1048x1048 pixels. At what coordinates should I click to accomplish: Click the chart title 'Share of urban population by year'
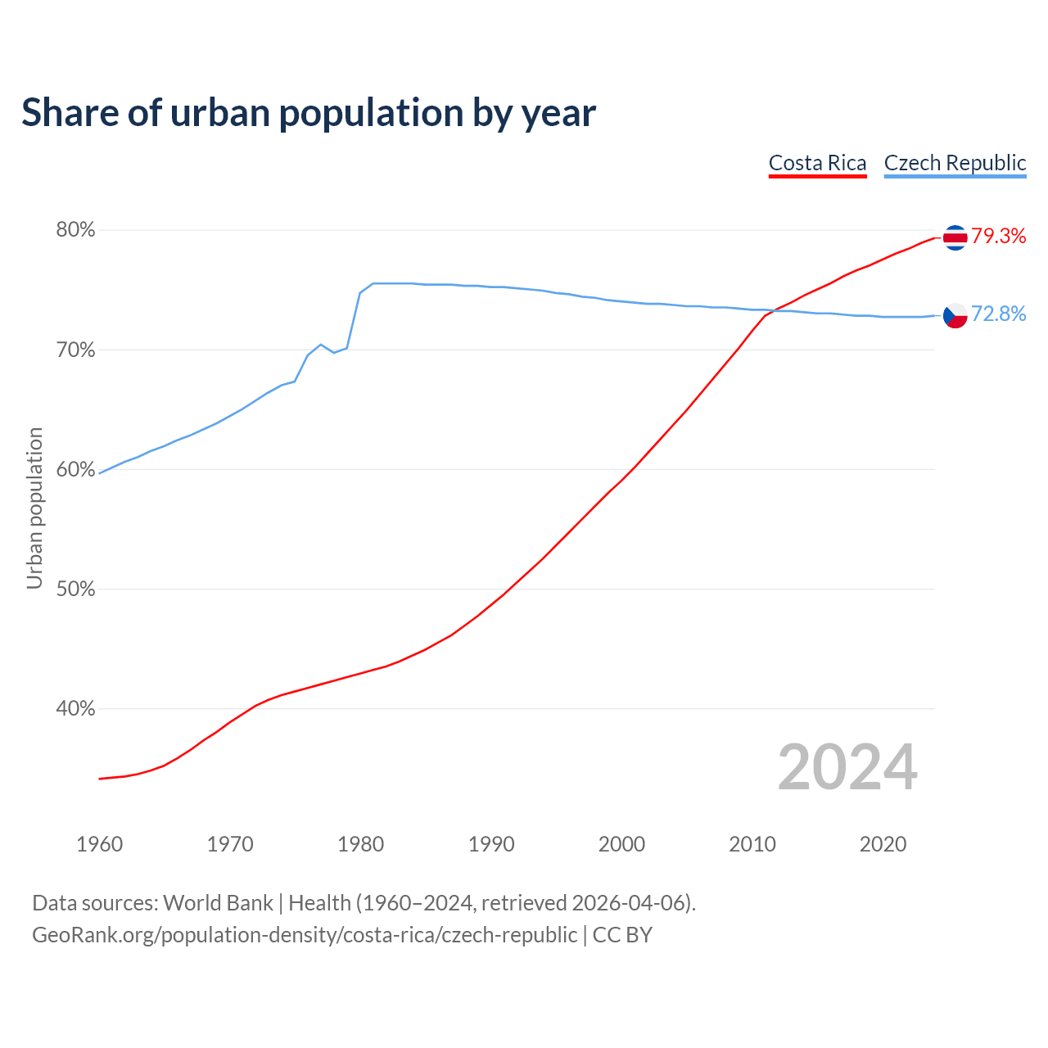point(309,113)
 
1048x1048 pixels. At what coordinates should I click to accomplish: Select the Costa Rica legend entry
point(817,163)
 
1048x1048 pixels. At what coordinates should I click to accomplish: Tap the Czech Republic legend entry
point(955,163)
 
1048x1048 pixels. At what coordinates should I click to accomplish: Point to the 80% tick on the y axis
point(75,230)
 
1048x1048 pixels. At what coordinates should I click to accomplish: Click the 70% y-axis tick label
point(75,350)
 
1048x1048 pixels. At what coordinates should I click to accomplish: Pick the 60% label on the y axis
point(75,470)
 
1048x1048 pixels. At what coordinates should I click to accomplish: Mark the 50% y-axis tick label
point(75,589)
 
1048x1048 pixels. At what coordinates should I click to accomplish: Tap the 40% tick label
point(75,709)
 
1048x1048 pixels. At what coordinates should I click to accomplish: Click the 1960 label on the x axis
point(99,844)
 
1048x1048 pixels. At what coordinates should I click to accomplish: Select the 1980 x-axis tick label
point(360,844)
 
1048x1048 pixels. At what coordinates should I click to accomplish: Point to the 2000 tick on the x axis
point(621,844)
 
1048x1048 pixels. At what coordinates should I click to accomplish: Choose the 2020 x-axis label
point(883,844)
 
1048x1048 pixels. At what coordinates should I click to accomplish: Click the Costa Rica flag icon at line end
point(955,237)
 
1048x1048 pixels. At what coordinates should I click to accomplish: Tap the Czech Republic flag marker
point(955,315)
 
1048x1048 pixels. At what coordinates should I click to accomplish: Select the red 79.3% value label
point(999,237)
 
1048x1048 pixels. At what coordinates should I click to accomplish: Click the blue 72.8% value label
point(999,314)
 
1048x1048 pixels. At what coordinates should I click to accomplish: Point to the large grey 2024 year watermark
point(847,767)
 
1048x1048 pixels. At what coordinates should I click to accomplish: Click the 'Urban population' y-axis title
point(34,508)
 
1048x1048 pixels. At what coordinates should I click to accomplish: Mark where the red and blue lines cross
point(770,310)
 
